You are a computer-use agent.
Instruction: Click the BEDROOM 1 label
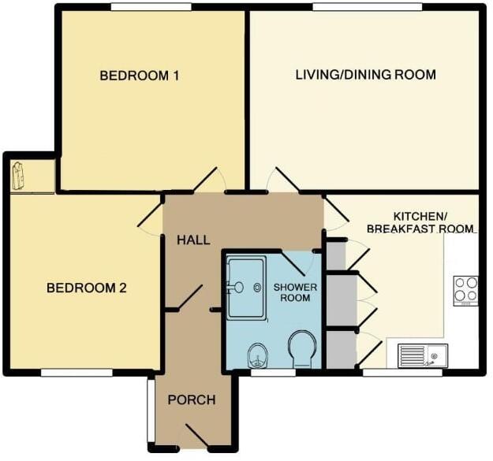tap(140, 76)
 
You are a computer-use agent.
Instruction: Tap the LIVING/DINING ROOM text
tap(365, 75)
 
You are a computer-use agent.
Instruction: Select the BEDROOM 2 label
tap(87, 288)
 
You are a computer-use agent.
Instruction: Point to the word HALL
tap(193, 240)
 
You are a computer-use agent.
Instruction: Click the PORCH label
tap(192, 400)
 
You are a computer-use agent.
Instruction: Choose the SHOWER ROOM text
tap(292, 292)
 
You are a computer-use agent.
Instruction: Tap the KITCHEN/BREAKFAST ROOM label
tap(421, 221)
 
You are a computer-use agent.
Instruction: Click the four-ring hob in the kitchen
tap(465, 290)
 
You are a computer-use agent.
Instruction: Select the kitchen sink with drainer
tap(423, 355)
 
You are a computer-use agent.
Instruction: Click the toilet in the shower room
tap(302, 349)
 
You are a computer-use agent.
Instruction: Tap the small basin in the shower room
tap(258, 355)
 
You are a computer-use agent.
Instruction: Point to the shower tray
tap(246, 287)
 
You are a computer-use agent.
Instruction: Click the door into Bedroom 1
tap(209, 180)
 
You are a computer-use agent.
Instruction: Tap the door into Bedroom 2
tap(150, 215)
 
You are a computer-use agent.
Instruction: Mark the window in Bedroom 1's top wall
tap(150, 7)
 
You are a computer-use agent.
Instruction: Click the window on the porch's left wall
tap(148, 411)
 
